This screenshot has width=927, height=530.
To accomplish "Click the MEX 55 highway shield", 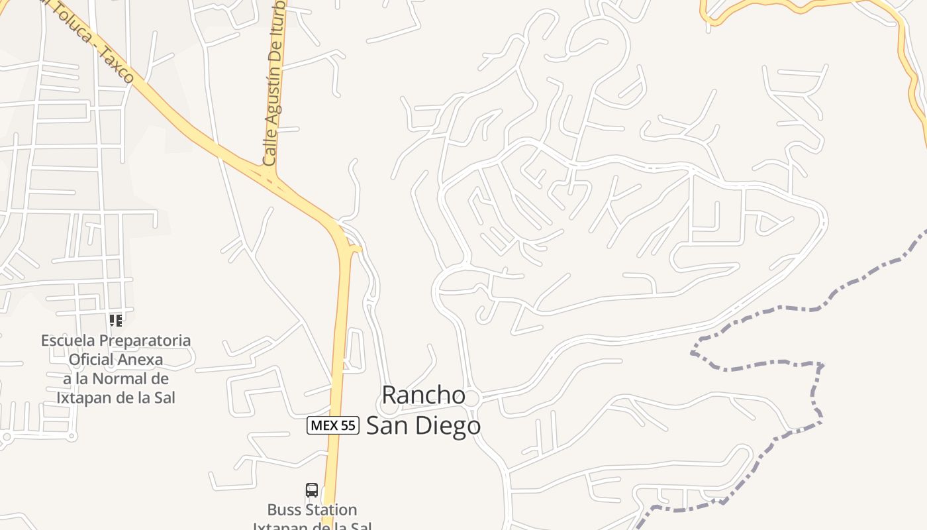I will tap(332, 425).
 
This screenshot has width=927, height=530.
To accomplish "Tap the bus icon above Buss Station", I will tap(312, 490).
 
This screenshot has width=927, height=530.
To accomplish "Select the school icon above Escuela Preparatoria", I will tap(116, 321).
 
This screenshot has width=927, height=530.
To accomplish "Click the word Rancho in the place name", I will tap(424, 395).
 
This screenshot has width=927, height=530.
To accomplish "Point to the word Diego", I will tap(448, 425).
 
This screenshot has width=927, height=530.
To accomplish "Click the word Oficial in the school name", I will tap(91, 360).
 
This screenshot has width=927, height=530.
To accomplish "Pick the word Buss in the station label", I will tap(284, 510).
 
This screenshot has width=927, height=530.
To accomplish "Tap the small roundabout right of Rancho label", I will tap(471, 397).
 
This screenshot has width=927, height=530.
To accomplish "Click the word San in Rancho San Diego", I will tap(387, 425).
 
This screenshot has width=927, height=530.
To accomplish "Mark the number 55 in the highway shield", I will tap(348, 425).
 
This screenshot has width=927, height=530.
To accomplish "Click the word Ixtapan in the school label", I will tap(81, 398).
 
